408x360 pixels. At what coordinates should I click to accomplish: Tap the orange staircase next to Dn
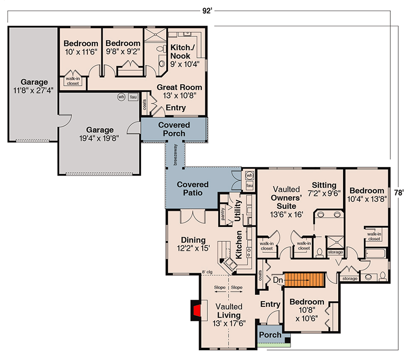coord(304,280)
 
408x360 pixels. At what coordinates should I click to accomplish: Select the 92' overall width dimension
coord(207,11)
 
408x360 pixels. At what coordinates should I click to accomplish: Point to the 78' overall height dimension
coord(399,193)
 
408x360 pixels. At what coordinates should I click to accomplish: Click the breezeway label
coord(175,155)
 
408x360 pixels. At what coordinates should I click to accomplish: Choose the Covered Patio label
coord(193,189)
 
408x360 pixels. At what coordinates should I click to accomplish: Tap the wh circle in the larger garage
coord(121,97)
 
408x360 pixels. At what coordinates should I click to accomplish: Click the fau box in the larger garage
coord(133,97)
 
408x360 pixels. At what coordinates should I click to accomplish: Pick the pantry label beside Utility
coord(223,214)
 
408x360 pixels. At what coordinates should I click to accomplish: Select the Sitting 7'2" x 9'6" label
coord(324,189)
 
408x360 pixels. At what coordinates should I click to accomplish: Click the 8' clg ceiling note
coord(207,272)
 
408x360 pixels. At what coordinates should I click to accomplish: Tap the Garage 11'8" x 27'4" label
coord(34,86)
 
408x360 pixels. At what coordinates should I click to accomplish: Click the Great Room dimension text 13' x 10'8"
coord(180,95)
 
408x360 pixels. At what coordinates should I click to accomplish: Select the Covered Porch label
coord(174,129)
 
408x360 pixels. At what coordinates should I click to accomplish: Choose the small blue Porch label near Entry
coord(270,334)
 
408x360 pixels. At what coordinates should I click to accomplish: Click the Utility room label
coord(238,211)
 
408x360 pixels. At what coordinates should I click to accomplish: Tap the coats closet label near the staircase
coord(260,275)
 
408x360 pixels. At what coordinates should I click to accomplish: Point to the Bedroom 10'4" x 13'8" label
coord(367,195)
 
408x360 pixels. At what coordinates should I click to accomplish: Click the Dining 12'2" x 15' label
coord(193,244)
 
